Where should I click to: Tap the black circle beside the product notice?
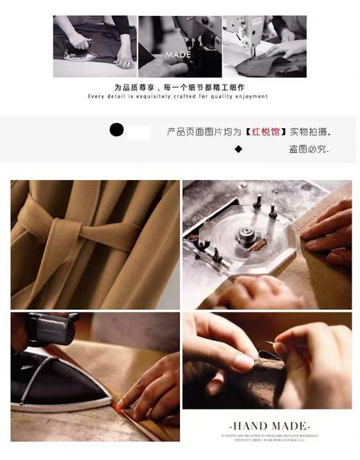pos(118,129)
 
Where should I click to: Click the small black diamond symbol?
pos(238,148)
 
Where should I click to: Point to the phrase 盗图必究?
pos(309,149)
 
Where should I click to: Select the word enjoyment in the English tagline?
pos(251,96)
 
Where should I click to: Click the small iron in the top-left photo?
pos(78,42)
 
